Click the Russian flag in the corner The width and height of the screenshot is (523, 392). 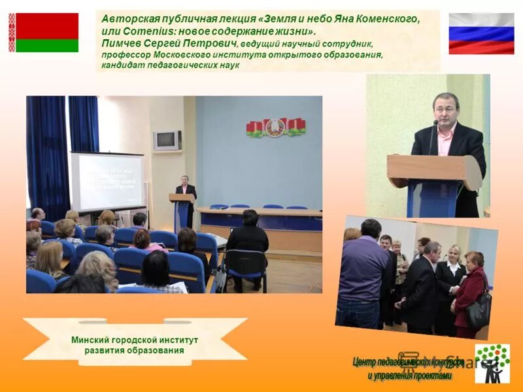481,33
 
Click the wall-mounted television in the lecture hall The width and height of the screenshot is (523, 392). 167,140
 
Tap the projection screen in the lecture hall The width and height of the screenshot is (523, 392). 107,182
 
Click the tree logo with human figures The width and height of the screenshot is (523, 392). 492,363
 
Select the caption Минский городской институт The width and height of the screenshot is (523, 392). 135,340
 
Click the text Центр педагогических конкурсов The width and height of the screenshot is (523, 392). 408,362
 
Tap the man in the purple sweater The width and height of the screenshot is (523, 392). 363,274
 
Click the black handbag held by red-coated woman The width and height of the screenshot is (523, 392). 479,310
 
